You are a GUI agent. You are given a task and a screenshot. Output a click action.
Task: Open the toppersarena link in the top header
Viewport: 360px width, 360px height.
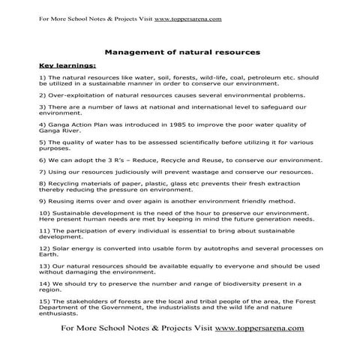pos(187,9)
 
